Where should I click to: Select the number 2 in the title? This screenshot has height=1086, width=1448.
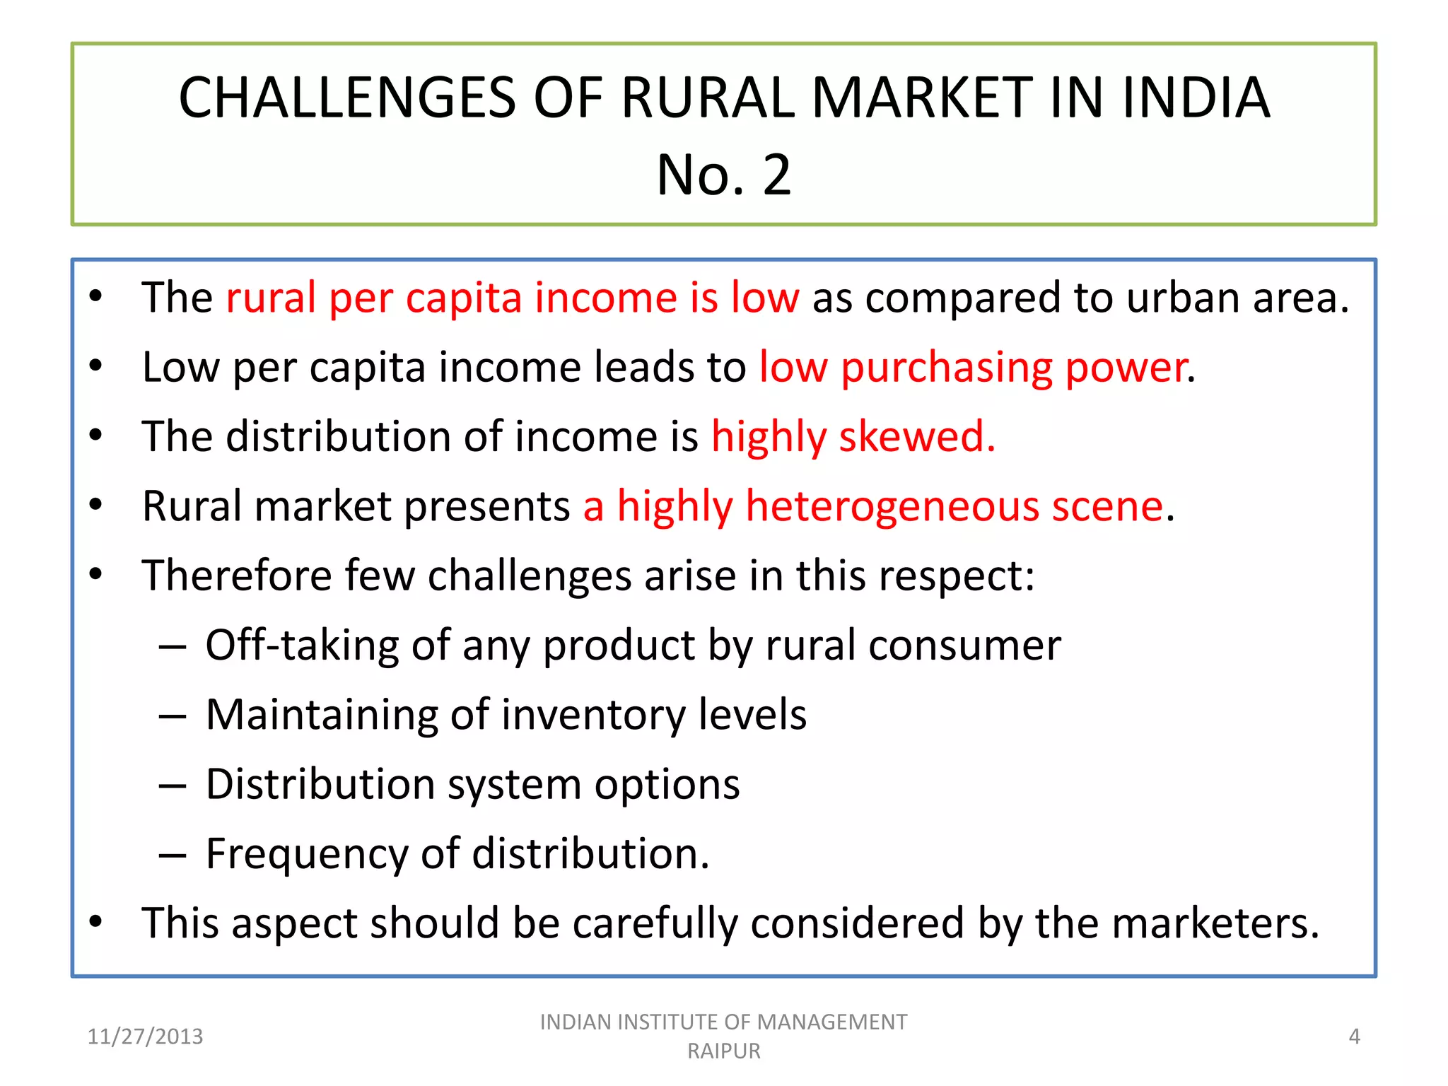(776, 175)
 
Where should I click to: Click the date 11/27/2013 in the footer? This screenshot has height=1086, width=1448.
(145, 1037)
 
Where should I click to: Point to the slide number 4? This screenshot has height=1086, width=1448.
(1354, 1037)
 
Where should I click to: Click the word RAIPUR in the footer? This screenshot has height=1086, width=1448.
(724, 1051)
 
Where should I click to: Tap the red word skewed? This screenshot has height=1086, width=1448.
(917, 436)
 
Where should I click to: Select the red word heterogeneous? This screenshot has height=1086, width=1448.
(892, 506)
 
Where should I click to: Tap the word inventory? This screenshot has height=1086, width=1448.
(594, 715)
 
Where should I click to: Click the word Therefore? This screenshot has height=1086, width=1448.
(237, 576)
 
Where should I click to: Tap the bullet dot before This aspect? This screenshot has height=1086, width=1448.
(96, 922)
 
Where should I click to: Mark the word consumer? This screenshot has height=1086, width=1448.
(964, 645)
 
